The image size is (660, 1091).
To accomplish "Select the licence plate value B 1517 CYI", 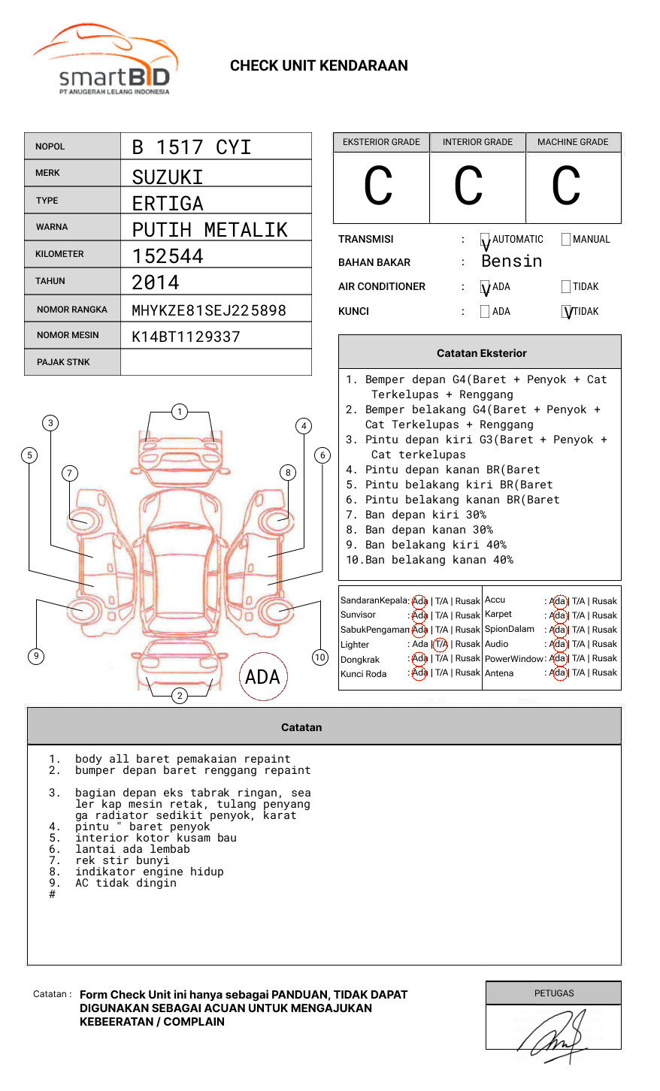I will coord(191,147).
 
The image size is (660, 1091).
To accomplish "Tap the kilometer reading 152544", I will coord(168,256).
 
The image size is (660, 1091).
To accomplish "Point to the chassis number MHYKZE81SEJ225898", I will coord(209,310).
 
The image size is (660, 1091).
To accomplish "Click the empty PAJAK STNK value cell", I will coord(216,362).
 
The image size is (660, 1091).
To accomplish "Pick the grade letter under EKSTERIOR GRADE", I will coord(379,186).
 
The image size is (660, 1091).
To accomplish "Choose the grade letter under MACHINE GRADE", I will coord(566,186).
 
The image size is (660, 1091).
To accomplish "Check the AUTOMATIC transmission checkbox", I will coord(485,240).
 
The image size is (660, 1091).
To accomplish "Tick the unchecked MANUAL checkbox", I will coord(566,240).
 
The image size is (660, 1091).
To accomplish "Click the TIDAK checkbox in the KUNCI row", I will coord(567,312).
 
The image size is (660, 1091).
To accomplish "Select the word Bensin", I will coord(511,261).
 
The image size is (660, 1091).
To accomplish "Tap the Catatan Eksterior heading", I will coord(481,353).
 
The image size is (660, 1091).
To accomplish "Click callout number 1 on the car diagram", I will coord(179,412).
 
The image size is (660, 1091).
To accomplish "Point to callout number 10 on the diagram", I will coord(320,657).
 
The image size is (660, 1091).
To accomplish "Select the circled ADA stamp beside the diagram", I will coord(262,677).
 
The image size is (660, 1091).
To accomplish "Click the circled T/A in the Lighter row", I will coord(441,644).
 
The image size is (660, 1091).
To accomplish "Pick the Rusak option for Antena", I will coord(604,673).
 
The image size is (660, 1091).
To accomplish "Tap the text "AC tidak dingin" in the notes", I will coord(126,884).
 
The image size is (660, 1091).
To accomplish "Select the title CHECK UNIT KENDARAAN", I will coord(319,66).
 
